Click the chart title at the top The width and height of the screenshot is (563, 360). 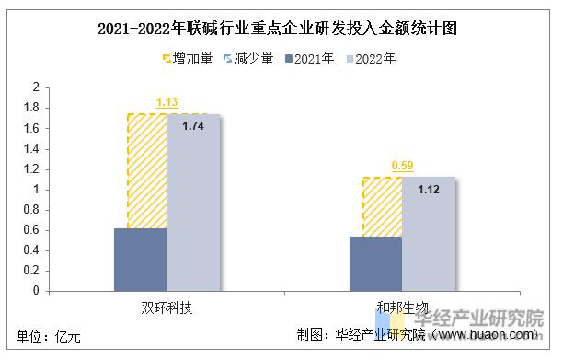point(281,28)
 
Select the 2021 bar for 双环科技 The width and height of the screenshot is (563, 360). point(140,259)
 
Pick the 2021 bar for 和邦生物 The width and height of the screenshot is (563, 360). point(375,263)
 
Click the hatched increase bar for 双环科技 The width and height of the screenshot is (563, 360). point(146,170)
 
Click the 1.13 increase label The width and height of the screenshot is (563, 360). point(167,102)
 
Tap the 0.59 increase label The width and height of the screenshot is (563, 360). point(403,166)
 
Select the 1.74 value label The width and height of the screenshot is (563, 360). point(193,125)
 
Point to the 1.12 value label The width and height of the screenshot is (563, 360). point(429,189)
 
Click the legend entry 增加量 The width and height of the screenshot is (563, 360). point(188,59)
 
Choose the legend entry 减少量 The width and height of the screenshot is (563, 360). point(249,59)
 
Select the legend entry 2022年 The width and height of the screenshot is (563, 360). point(372,59)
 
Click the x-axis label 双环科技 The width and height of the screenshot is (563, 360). point(167,306)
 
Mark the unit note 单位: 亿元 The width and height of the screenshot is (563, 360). point(49,336)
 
